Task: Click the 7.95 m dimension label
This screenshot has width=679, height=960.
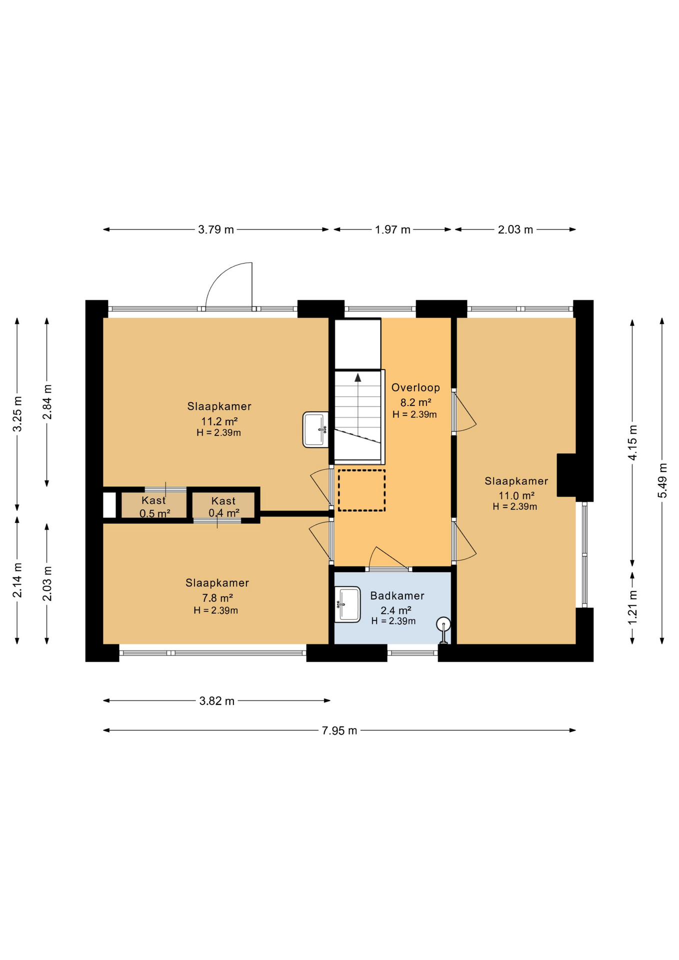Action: tap(339, 730)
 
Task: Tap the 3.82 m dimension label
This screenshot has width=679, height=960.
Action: tap(217, 701)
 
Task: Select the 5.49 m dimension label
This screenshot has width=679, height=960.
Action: tap(662, 480)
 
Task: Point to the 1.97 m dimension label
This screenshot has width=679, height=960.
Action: tap(392, 229)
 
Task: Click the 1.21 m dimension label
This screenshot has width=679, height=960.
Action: tap(632, 607)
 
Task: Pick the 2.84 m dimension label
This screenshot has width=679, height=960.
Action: tap(47, 402)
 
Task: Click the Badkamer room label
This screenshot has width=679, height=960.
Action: tap(397, 595)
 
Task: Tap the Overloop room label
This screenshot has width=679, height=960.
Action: tap(415, 387)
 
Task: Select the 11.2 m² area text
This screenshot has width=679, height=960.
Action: tap(219, 421)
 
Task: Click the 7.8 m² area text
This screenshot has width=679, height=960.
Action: tap(217, 598)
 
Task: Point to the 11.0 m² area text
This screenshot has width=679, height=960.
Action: tap(516, 495)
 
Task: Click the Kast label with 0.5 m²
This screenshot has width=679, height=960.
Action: tap(153, 500)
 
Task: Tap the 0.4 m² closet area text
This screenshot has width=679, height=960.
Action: tap(224, 512)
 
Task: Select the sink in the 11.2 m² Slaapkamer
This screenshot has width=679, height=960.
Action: tap(315, 429)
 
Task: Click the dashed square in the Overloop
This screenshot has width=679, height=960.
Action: tap(361, 490)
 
